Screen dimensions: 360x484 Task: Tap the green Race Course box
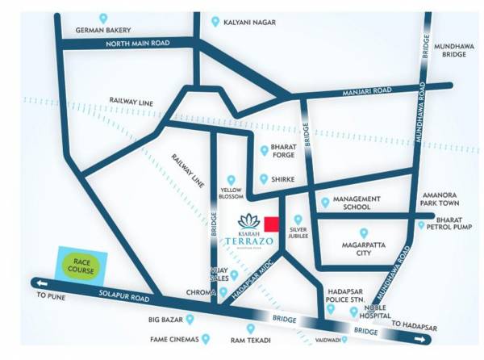[81, 264]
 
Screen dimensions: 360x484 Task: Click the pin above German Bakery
[102, 18]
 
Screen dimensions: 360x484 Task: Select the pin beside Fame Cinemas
[206, 339]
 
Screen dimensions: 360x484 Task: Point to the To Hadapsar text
[414, 326]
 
